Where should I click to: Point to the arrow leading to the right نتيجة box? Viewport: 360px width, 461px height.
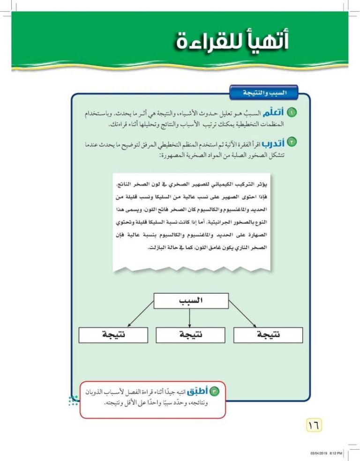240,313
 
